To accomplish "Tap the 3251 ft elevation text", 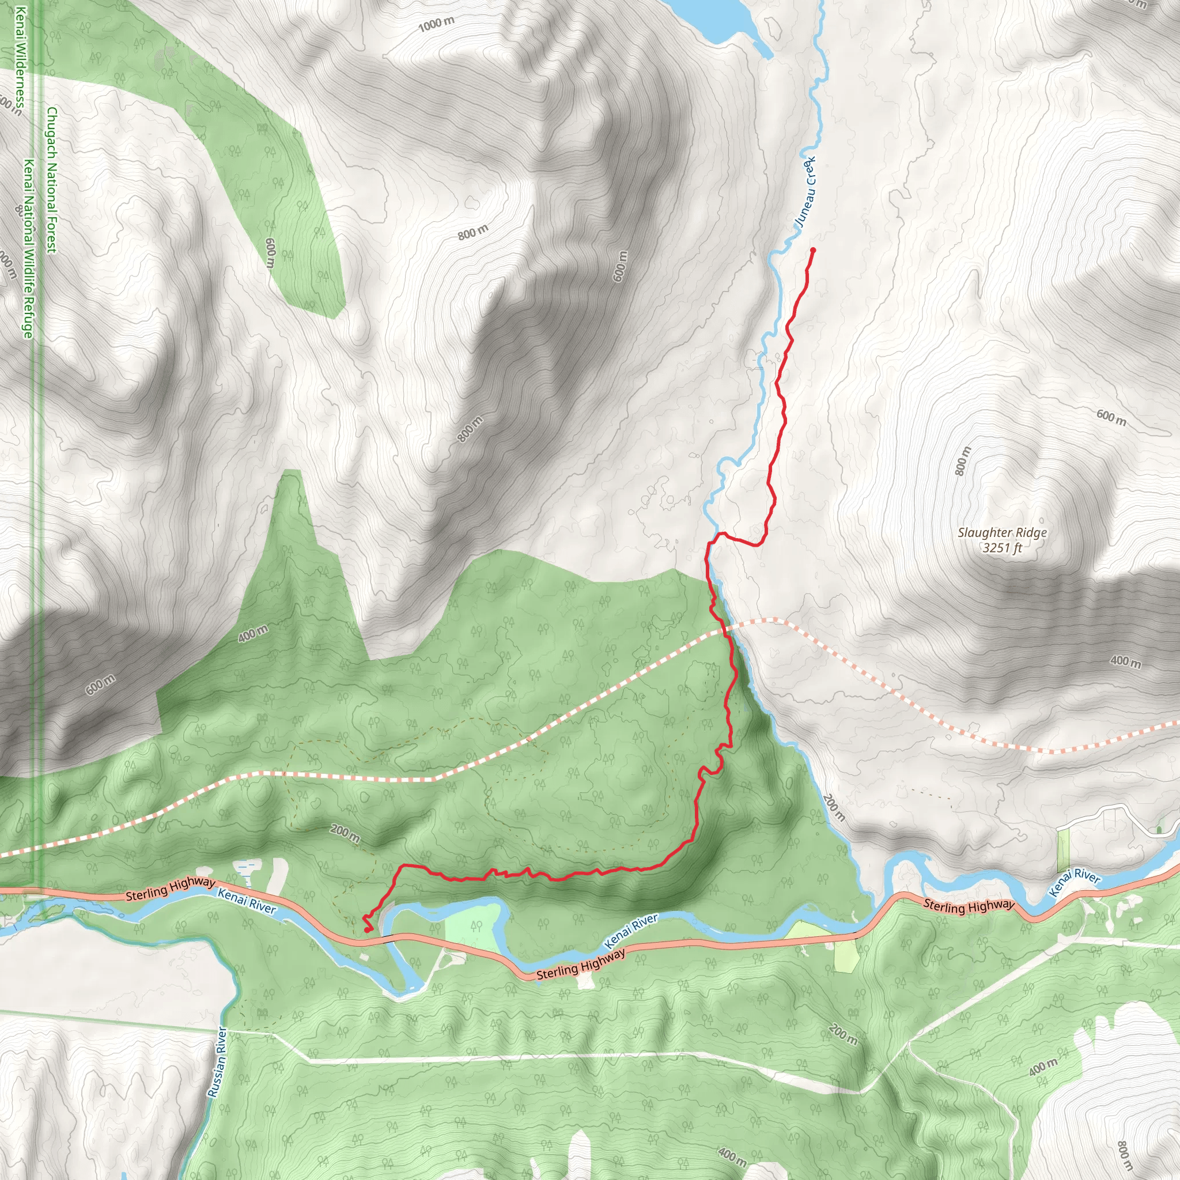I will [1001, 548].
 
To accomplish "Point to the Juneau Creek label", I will [805, 193].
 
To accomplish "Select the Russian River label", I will [217, 1062].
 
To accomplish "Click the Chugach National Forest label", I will [52, 180].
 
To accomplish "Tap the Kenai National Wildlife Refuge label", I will [28, 248].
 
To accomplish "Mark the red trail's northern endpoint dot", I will [813, 250].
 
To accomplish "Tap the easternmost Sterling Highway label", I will [969, 906].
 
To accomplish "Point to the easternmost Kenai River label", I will [1075, 883].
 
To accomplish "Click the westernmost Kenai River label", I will [247, 901].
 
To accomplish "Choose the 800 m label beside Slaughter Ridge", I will [962, 461].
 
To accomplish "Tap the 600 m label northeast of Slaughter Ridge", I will [1111, 418].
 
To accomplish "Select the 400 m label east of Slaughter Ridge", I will [1125, 661].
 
